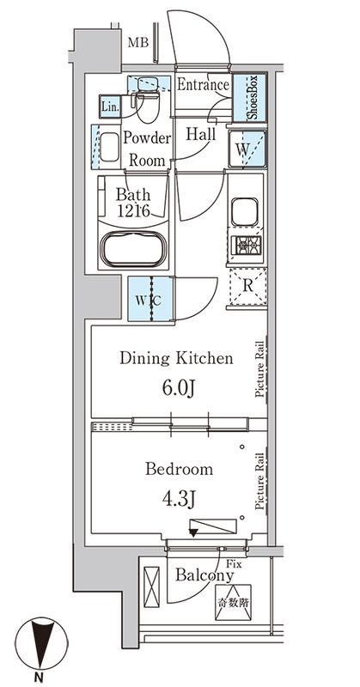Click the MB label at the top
point(137,42)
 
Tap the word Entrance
point(204,85)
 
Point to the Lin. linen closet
point(111,106)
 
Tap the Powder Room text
point(149,148)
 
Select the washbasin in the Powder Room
point(108,147)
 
